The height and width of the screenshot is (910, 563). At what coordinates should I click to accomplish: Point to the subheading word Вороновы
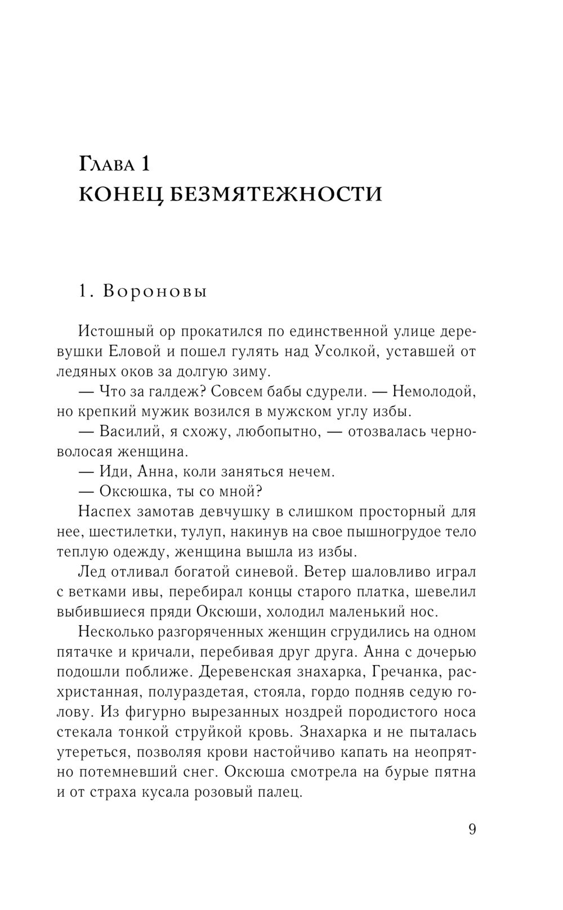coord(156,292)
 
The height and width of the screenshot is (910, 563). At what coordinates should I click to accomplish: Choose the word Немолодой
coord(433,391)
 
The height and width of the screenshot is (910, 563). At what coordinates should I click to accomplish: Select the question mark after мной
coord(260,491)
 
